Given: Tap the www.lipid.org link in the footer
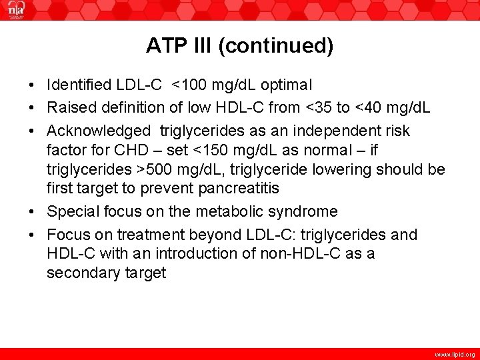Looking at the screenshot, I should click(454, 355).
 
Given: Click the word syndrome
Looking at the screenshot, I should click(306, 211).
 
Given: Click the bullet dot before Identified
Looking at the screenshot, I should click(31, 86).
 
